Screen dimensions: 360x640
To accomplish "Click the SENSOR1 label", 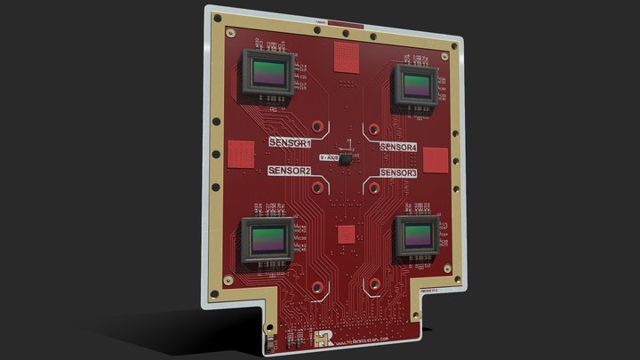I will (x=290, y=142).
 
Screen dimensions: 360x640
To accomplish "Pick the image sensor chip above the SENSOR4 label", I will (x=415, y=86).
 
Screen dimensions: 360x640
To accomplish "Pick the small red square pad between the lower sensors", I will (x=344, y=234).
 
